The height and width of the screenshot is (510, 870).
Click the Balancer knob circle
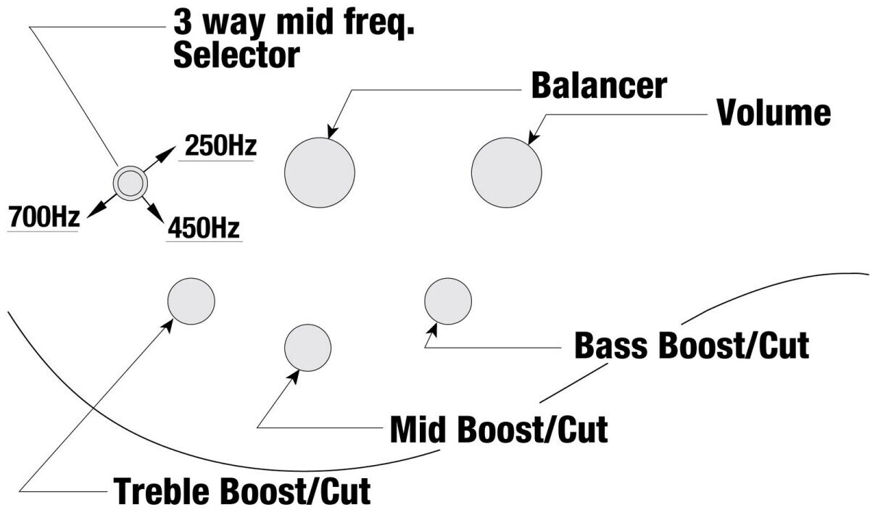[319, 172]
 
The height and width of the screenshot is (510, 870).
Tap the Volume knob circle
[507, 172]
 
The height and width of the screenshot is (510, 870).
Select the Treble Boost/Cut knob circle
[191, 301]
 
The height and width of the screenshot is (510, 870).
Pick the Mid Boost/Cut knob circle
[308, 348]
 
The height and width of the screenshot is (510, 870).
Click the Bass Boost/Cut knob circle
[448, 301]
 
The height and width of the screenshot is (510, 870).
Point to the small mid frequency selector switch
[130, 183]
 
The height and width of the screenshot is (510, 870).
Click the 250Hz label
[220, 146]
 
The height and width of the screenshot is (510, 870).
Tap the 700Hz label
[44, 217]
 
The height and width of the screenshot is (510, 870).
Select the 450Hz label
[204, 227]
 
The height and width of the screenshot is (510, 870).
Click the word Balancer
[599, 85]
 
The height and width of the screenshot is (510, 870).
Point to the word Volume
[774, 112]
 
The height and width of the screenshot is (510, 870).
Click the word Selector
[236, 55]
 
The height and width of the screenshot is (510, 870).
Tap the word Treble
[162, 490]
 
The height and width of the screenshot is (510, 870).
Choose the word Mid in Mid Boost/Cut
[418, 430]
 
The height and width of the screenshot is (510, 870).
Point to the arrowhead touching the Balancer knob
[333, 131]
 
